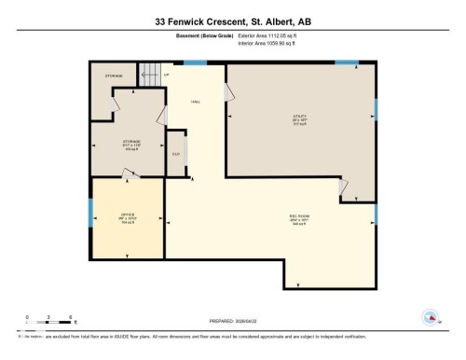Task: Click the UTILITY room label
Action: pos(300,118)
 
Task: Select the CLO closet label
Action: pos(175,155)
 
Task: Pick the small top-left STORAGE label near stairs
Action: pos(114,76)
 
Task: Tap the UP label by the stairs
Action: pos(167,75)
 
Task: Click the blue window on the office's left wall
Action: pos(90,213)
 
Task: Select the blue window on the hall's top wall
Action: pos(195,62)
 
